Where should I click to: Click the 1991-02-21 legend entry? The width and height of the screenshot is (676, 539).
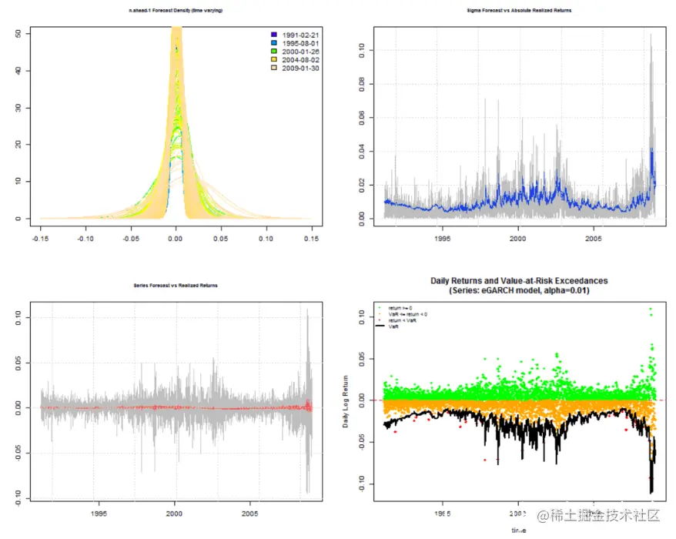[x=300, y=35]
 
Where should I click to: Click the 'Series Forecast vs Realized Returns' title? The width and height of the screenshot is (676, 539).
[x=176, y=285]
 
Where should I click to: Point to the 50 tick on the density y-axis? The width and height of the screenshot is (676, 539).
[x=18, y=34]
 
